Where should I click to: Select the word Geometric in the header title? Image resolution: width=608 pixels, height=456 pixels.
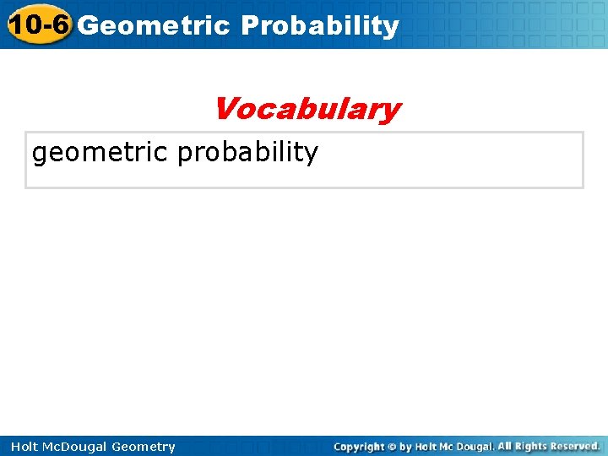[153, 25]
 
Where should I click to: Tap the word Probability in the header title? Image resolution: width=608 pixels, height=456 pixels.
[319, 26]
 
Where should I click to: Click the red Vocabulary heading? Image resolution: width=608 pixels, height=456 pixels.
[307, 109]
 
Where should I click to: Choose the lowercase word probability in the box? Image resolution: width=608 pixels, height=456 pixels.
[247, 153]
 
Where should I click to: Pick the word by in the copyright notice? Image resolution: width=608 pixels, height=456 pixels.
[405, 447]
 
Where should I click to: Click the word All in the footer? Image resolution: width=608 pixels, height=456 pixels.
[505, 446]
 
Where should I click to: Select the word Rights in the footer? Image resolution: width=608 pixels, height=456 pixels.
[532, 446]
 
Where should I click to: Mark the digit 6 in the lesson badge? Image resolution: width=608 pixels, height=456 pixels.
[57, 24]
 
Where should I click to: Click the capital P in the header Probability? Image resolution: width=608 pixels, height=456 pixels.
[249, 25]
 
